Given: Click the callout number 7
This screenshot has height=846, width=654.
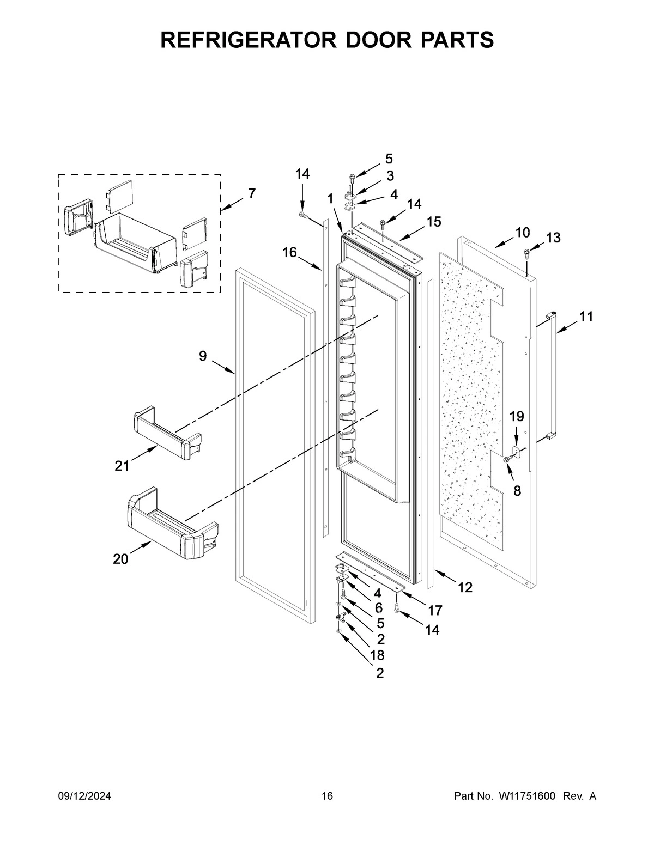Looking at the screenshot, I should [251, 193].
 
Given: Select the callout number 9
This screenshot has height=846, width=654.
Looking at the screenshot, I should [203, 356].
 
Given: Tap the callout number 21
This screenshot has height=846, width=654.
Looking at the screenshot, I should [122, 466].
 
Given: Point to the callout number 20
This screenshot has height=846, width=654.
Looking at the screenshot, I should [121, 558].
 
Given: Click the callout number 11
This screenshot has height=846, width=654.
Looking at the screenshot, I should [585, 317].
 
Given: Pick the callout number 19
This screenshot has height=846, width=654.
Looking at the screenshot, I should [517, 417].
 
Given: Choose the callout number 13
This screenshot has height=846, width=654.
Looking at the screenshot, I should [553, 238].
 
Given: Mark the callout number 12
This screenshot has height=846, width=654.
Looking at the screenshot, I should [465, 587].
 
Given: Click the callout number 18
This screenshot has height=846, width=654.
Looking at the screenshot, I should [378, 655].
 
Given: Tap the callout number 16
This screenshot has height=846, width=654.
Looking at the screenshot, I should [290, 252].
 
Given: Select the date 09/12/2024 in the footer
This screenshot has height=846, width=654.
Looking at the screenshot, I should [84, 796].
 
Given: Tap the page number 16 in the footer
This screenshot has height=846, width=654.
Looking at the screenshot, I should [327, 796].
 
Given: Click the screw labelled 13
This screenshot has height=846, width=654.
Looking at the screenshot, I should [527, 252].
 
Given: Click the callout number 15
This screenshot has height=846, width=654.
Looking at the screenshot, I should [434, 222].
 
